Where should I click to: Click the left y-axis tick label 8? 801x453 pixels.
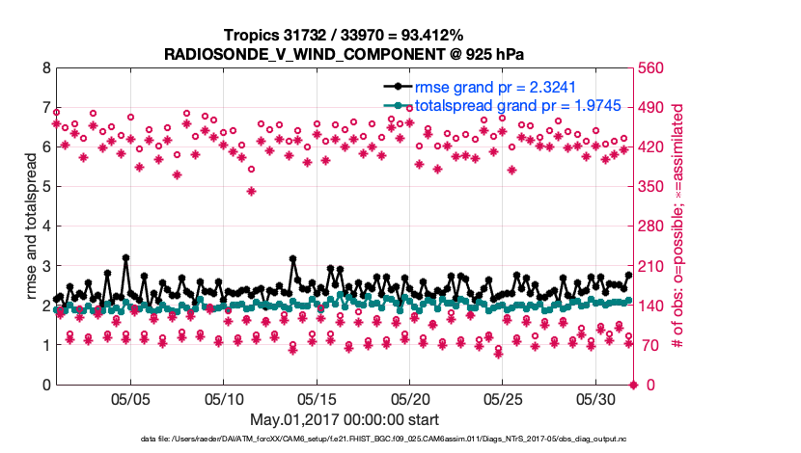click(x=45, y=68)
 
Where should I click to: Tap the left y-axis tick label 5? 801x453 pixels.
click(x=45, y=187)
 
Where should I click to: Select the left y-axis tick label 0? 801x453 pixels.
click(x=45, y=385)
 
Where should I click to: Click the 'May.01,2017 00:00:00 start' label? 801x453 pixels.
click(x=345, y=419)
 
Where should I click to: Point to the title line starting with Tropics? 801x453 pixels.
click(x=344, y=35)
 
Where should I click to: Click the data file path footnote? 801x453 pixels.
click(x=397, y=439)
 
